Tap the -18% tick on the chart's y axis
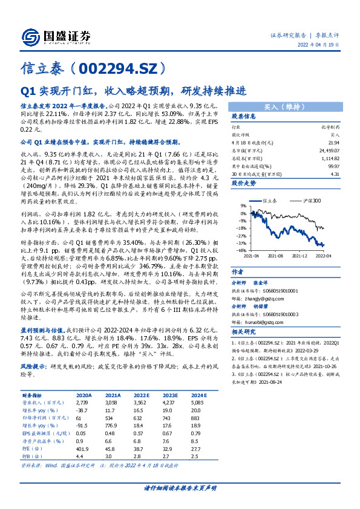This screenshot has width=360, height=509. (x=241, y=229)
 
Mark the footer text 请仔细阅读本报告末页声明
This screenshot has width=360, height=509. (x=180, y=487)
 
